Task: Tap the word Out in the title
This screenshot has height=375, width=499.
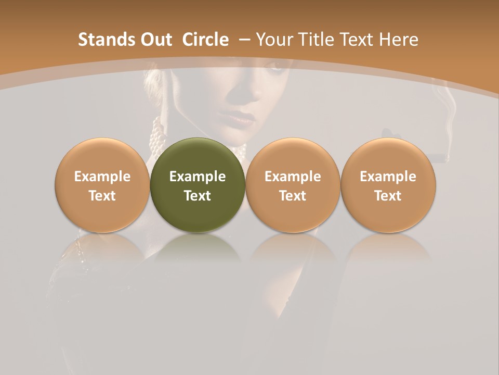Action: click(155, 40)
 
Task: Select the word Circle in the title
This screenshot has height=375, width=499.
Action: click(205, 40)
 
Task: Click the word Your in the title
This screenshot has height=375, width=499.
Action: click(274, 40)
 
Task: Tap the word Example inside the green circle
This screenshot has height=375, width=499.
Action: click(198, 177)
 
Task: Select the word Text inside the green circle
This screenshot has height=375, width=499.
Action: click(198, 196)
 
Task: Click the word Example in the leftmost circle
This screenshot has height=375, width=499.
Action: click(102, 177)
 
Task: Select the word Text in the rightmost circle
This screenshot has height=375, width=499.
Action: click(388, 196)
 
